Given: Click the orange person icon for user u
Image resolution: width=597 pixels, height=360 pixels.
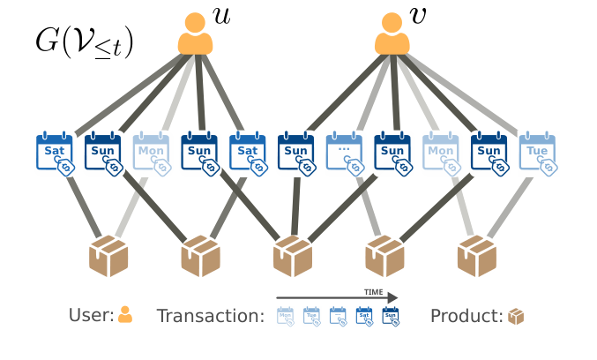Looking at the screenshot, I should (x=197, y=34).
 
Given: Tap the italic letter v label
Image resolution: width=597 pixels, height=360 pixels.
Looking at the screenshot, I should (x=420, y=16).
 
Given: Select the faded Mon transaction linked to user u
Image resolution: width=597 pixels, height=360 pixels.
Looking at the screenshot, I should (x=151, y=154).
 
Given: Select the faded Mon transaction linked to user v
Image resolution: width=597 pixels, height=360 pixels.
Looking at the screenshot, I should (x=441, y=154).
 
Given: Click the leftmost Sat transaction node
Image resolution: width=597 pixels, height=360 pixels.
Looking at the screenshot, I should (x=55, y=154).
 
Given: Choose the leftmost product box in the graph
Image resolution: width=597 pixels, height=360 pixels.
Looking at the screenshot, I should (x=109, y=256).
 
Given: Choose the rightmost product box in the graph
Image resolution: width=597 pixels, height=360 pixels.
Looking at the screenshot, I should (x=477, y=256).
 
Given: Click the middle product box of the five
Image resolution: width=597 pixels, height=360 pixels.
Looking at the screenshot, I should (x=294, y=256).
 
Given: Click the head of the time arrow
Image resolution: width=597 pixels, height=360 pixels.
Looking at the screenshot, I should (x=392, y=298).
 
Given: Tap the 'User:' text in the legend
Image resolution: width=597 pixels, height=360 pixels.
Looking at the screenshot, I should (x=91, y=315).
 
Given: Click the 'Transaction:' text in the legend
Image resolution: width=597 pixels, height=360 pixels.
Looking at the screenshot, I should (x=210, y=315).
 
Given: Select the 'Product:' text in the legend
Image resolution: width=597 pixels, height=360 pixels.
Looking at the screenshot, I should (x=466, y=315).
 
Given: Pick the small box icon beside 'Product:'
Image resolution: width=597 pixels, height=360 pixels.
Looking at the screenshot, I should (x=516, y=315).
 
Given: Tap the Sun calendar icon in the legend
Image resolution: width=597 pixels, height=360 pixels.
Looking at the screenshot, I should (x=390, y=315).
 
